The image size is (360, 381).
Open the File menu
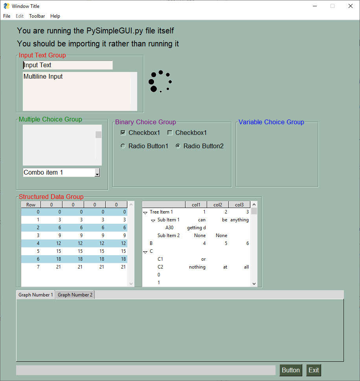pos(7,16)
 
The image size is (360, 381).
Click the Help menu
pos(55,16)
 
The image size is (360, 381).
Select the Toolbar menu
pos(37,16)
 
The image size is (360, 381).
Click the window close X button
pos(350,6)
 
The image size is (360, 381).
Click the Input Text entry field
pos(68,65)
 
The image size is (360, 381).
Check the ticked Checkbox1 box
pos(123,133)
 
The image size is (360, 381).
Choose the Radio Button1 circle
pos(123,146)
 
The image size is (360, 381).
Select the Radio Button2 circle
pos(178,146)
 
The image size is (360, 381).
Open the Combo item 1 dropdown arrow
pos(97,173)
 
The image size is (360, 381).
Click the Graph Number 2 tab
pos(75,295)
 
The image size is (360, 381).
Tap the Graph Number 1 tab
pos(36,295)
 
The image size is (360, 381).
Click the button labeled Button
pos(291,370)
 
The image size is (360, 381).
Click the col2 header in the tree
pos(218,204)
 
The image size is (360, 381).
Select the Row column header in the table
pos(31,204)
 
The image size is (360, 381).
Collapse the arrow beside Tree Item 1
pos(145,213)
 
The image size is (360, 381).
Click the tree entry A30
pos(169,228)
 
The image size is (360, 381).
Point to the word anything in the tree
pos(239,220)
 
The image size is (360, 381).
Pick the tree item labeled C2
pos(160,267)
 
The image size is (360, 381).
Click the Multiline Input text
pos(43,77)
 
